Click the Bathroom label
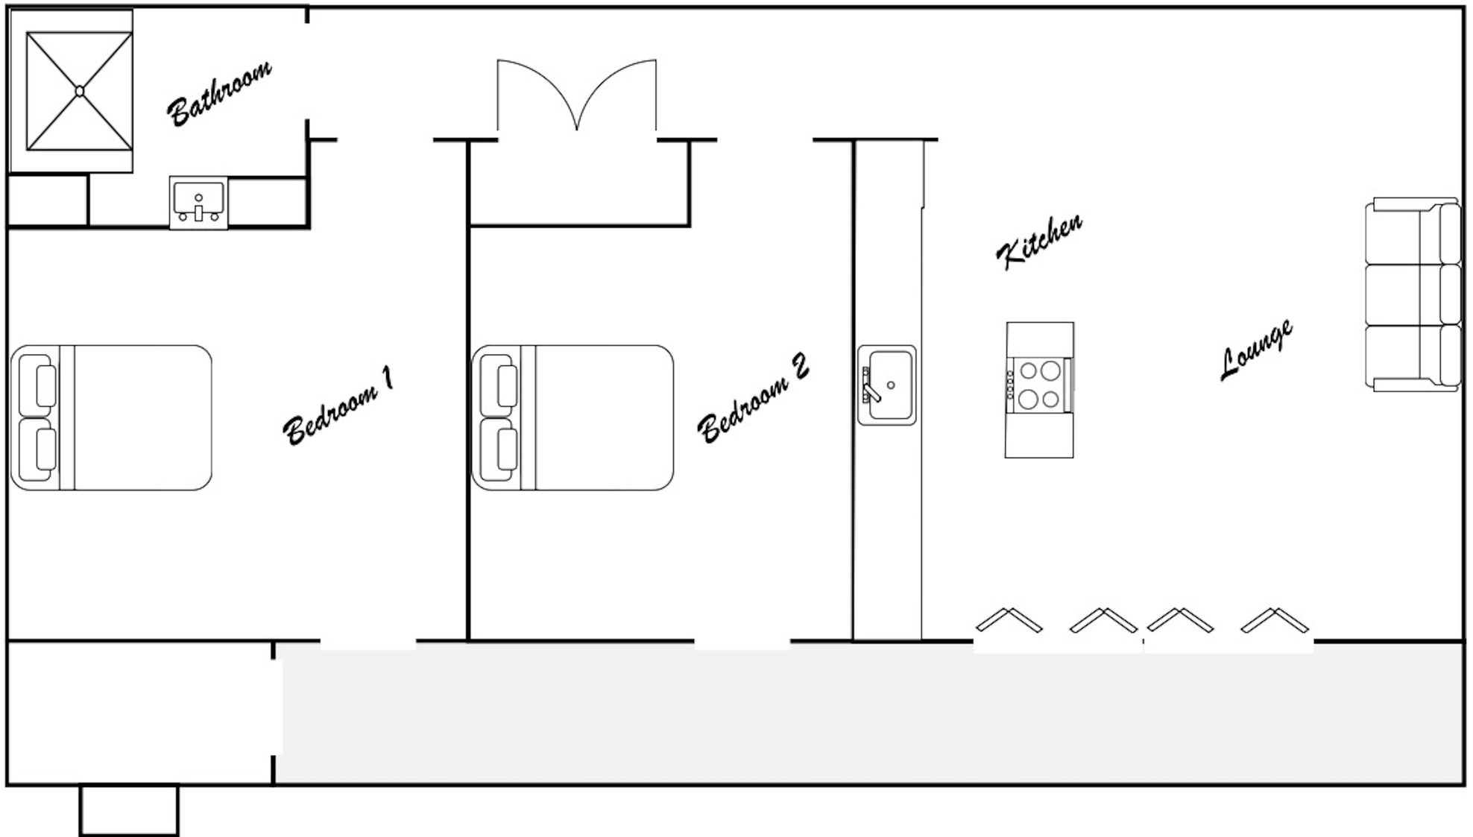tap(219, 93)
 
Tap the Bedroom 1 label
tap(338, 406)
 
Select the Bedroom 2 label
tap(753, 398)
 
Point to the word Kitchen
tap(1039, 241)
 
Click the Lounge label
tap(1256, 350)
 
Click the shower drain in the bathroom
tap(79, 91)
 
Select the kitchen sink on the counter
tap(887, 385)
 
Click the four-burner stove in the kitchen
tap(1040, 385)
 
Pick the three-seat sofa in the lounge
tap(1413, 294)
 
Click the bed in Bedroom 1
tap(112, 417)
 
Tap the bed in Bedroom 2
tap(573, 417)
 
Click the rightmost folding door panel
tap(1275, 620)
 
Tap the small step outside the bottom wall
tap(129, 809)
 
